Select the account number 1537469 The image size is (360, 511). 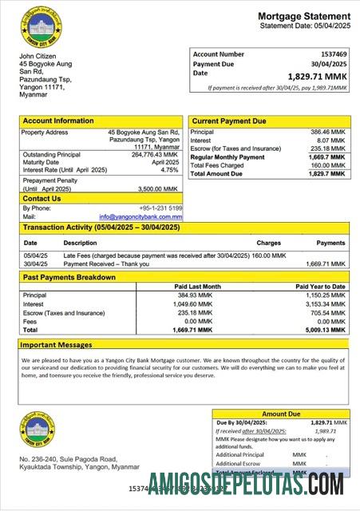pyautogui.click(x=328, y=53)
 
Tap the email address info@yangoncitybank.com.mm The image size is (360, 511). pyautogui.click(x=140, y=216)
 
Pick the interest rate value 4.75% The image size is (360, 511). pyautogui.click(x=169, y=170)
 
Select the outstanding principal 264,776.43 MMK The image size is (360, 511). pyautogui.click(x=152, y=154)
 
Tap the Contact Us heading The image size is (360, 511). pyautogui.click(x=42, y=198)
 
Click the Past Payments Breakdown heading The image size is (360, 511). pyautogui.click(x=69, y=277)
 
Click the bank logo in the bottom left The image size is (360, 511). pyautogui.click(x=37, y=432)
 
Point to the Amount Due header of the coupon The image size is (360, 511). pyautogui.click(x=280, y=414)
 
